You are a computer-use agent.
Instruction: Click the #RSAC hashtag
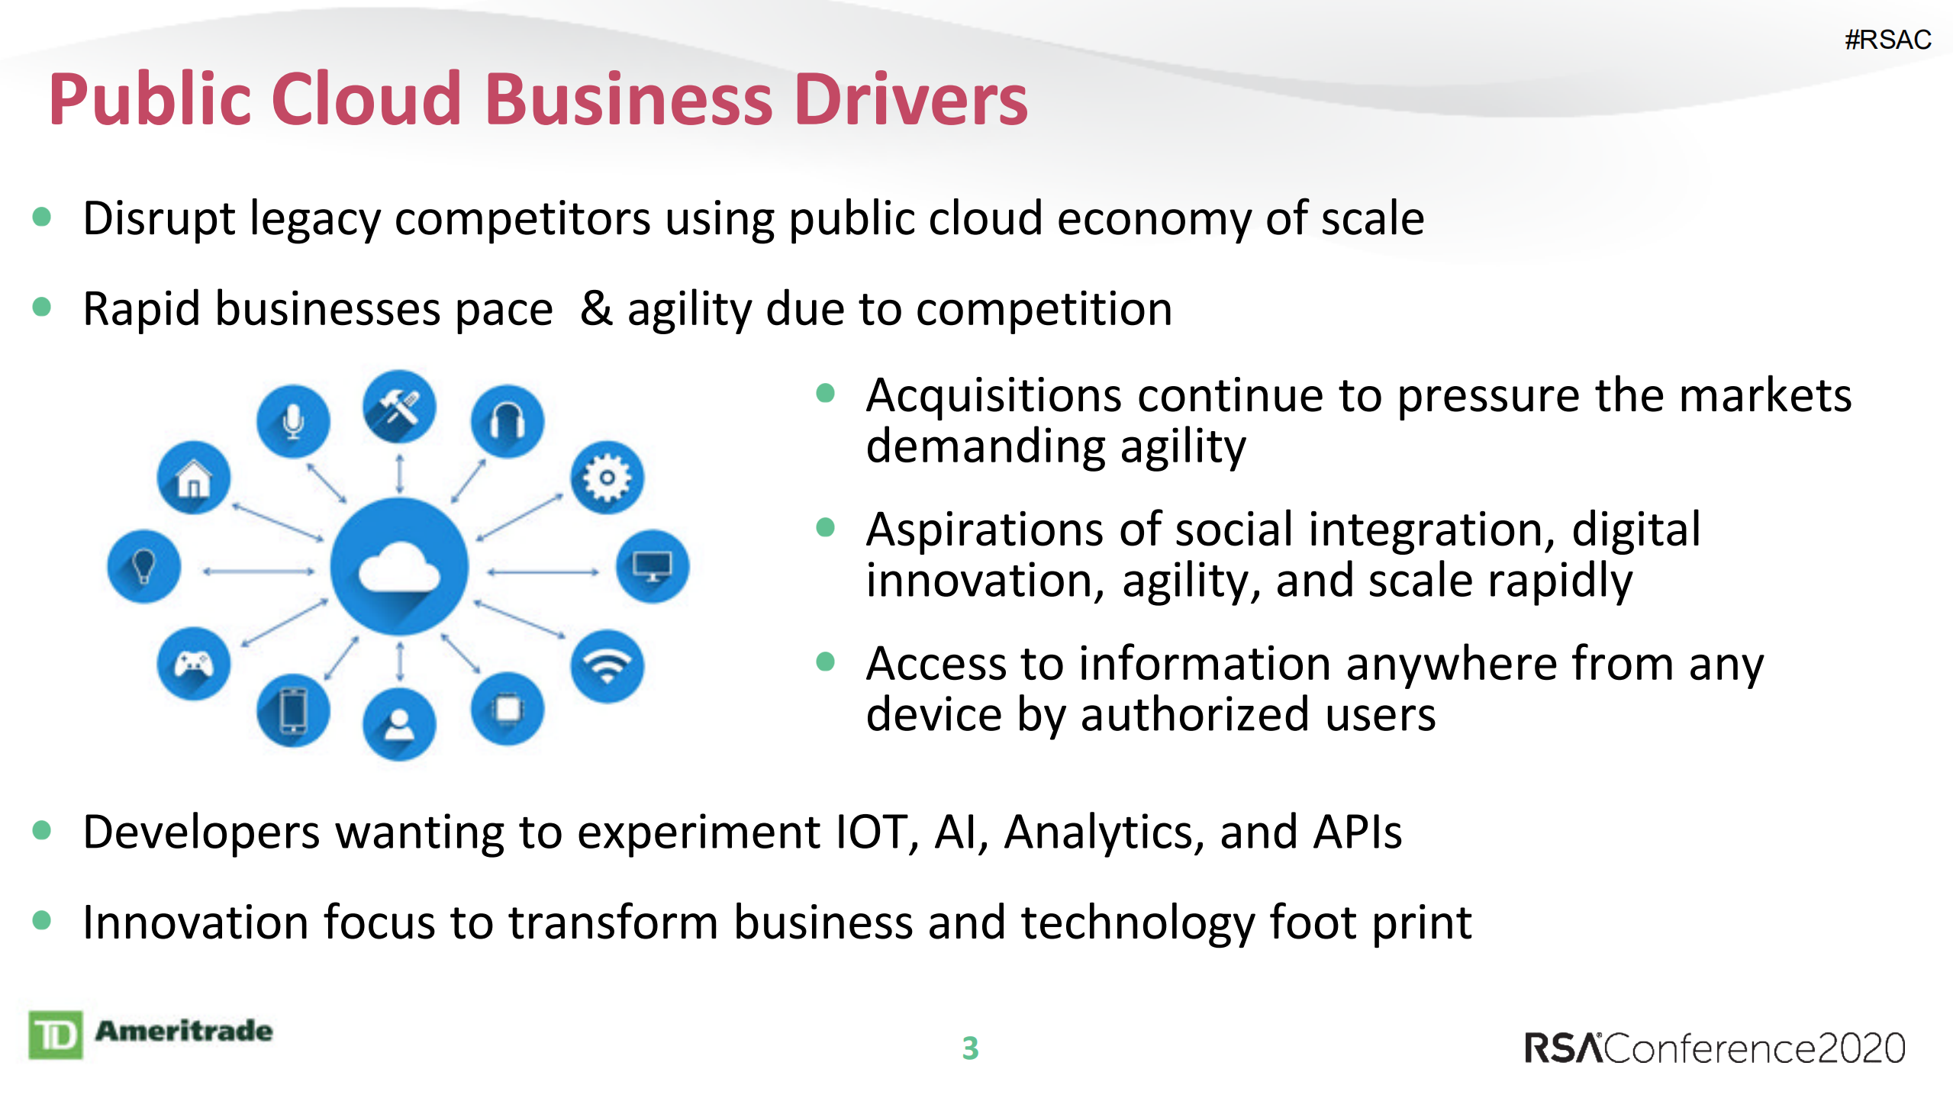click(1887, 40)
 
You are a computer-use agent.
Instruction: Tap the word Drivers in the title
click(911, 99)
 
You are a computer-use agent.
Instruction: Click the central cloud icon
click(399, 567)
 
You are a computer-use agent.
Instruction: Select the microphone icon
click(293, 421)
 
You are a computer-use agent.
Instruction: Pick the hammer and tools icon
click(399, 407)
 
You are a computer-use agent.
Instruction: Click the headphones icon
click(508, 421)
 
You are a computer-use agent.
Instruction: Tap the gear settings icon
click(607, 478)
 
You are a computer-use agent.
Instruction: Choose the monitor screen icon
click(653, 566)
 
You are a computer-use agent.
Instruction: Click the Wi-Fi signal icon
click(607, 666)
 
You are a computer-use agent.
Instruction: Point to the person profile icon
click(399, 725)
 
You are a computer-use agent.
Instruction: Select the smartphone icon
click(293, 710)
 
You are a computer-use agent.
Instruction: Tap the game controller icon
click(194, 664)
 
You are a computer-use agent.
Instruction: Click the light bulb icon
click(144, 566)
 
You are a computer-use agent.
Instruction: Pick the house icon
click(194, 478)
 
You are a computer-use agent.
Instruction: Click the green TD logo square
click(56, 1035)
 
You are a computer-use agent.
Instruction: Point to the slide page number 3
click(970, 1048)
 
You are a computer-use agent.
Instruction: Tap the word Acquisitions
click(994, 397)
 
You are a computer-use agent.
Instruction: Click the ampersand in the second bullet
click(596, 308)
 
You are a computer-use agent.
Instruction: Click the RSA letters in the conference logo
click(1564, 1048)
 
